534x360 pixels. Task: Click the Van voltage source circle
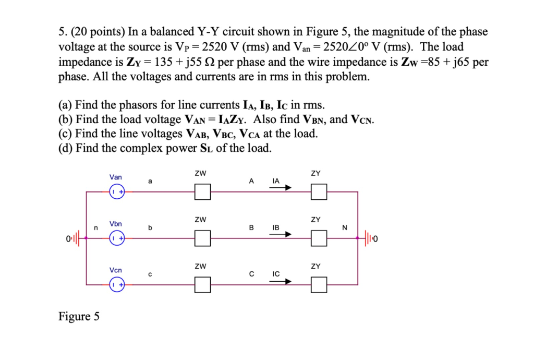(117, 192)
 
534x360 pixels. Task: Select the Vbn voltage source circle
(117, 238)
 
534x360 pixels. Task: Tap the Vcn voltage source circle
(117, 285)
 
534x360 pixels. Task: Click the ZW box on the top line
(203, 192)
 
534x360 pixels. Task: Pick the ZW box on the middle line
(203, 238)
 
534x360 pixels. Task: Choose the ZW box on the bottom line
(203, 285)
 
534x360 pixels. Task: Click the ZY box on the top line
(319, 192)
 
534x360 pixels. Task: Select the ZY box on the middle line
(319, 238)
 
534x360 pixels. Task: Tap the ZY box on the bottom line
(319, 285)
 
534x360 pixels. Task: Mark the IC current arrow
(281, 281)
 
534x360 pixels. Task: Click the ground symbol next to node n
(76, 239)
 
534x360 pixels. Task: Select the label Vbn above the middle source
(116, 223)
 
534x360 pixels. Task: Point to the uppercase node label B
(251, 227)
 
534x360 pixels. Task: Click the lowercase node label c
(150, 274)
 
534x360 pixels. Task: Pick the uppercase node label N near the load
(344, 227)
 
